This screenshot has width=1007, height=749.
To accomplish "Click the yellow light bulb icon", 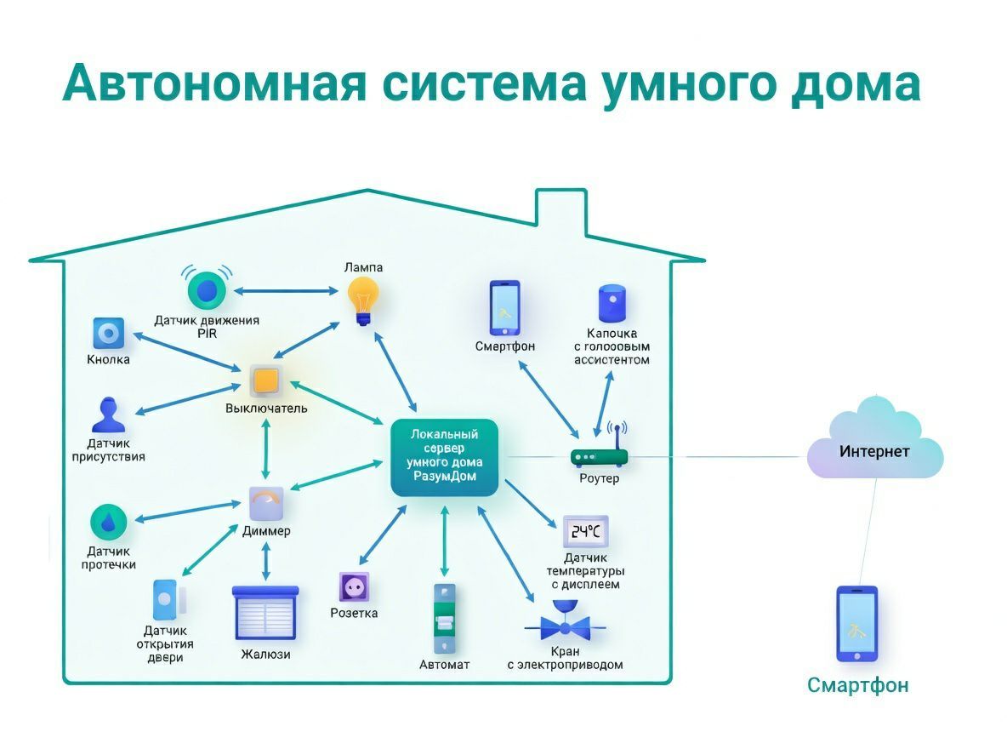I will click(363, 299).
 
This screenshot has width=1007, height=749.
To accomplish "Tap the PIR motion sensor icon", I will click(206, 289).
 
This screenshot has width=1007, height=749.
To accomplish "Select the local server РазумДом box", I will click(444, 457).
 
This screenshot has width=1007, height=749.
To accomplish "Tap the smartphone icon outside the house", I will click(856, 624).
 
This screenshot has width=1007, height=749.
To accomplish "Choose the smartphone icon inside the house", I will click(503, 307).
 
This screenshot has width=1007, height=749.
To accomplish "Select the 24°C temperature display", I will click(585, 532).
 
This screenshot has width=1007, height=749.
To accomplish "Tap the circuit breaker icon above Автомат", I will click(444, 618).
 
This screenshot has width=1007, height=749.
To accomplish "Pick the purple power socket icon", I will click(354, 588).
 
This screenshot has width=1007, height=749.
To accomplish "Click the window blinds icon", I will click(265, 613).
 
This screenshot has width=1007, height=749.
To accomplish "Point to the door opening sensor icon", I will click(165, 599).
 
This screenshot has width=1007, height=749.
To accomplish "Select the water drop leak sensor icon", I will click(108, 523).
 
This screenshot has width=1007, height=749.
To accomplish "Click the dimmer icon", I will click(265, 503).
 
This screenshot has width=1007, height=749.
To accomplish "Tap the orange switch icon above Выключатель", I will click(265, 380).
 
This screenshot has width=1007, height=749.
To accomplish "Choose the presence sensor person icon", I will click(108, 416).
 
